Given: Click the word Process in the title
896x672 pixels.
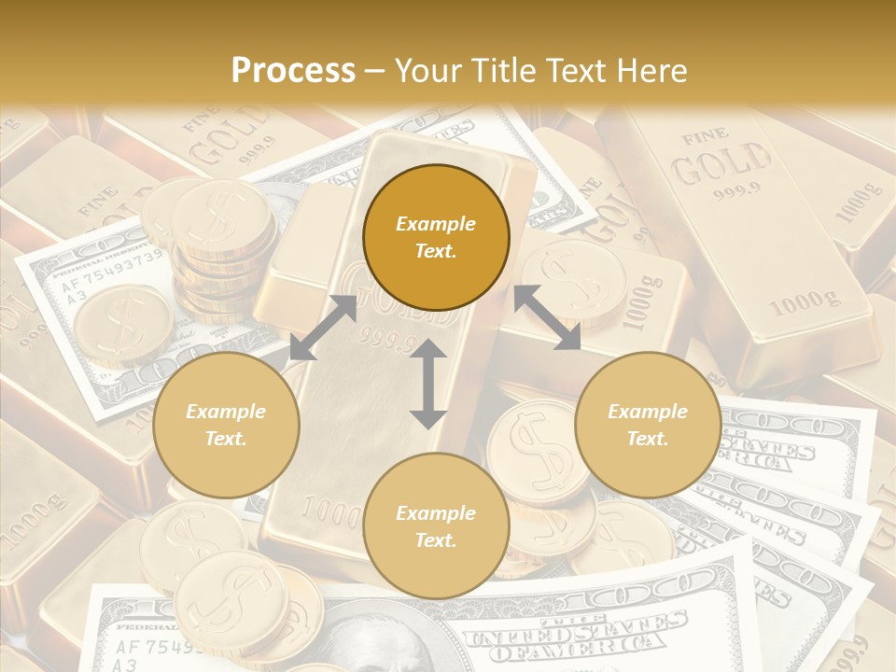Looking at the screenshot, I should pyautogui.click(x=293, y=71).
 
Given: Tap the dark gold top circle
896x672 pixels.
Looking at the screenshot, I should pyautogui.click(x=436, y=238).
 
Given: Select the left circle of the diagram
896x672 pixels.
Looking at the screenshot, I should pyautogui.click(x=226, y=426).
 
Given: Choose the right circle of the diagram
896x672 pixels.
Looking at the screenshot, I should pyautogui.click(x=648, y=426).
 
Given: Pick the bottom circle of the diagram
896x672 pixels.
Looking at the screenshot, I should pyautogui.click(x=436, y=526).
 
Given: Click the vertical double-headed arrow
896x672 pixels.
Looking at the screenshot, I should pyautogui.click(x=428, y=384).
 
